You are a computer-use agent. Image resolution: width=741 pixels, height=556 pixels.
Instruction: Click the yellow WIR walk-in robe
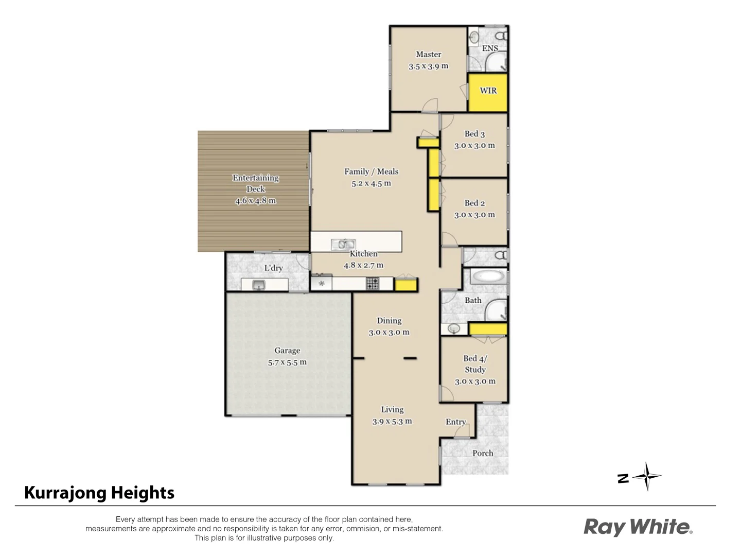pyautogui.click(x=488, y=93)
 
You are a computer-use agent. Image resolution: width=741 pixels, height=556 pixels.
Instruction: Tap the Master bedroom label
pyautogui.click(x=428, y=54)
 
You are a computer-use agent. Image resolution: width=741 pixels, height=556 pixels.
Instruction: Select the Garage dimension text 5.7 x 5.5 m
pyautogui.click(x=287, y=362)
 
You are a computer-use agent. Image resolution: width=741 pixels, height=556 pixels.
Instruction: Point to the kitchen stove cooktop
pyautogui.click(x=373, y=283)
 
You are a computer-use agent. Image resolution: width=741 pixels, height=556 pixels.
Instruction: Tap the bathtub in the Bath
pyautogui.click(x=488, y=276)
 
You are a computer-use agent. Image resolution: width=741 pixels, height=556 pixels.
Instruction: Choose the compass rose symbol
pyautogui.click(x=647, y=477)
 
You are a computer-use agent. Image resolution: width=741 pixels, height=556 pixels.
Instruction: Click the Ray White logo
pyautogui.click(x=638, y=527)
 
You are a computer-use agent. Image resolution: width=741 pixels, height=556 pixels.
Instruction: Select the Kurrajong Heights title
pyautogui.click(x=99, y=493)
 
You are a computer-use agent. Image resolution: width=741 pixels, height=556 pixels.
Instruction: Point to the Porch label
pyautogui.click(x=483, y=453)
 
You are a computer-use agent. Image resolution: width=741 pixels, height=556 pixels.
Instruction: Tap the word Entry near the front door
pyautogui.click(x=455, y=422)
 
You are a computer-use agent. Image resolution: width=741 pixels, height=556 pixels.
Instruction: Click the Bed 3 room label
pyautogui.click(x=474, y=134)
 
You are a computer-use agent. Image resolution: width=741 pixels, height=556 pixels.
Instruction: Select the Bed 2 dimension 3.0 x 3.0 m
pyautogui.click(x=474, y=215)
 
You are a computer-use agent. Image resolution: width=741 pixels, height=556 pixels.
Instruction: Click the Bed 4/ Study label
pyautogui.click(x=475, y=363)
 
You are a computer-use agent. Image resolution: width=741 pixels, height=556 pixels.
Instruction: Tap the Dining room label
pyautogui.click(x=389, y=320)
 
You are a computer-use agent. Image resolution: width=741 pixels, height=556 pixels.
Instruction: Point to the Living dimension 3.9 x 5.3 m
pyautogui.click(x=392, y=421)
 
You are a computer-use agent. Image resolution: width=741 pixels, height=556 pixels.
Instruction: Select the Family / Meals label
pyautogui.click(x=371, y=171)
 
